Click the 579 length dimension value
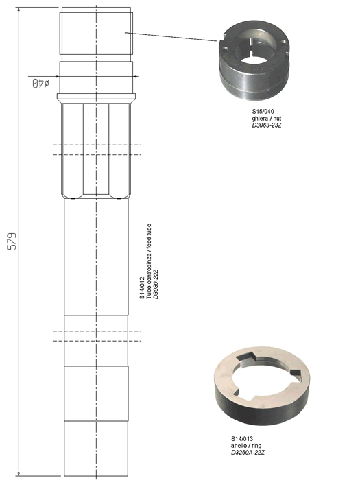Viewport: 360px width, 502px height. pos(12,241)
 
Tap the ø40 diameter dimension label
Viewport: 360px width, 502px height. pos(40,84)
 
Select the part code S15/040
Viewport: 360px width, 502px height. pos(263,112)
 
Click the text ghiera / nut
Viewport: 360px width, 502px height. pos(267,119)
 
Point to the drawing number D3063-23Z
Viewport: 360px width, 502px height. pos(267,125)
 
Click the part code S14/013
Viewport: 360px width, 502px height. pos(242,439)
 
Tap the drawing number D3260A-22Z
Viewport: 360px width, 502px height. pos(248,453)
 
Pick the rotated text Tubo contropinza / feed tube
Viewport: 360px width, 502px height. pos(149,261)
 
